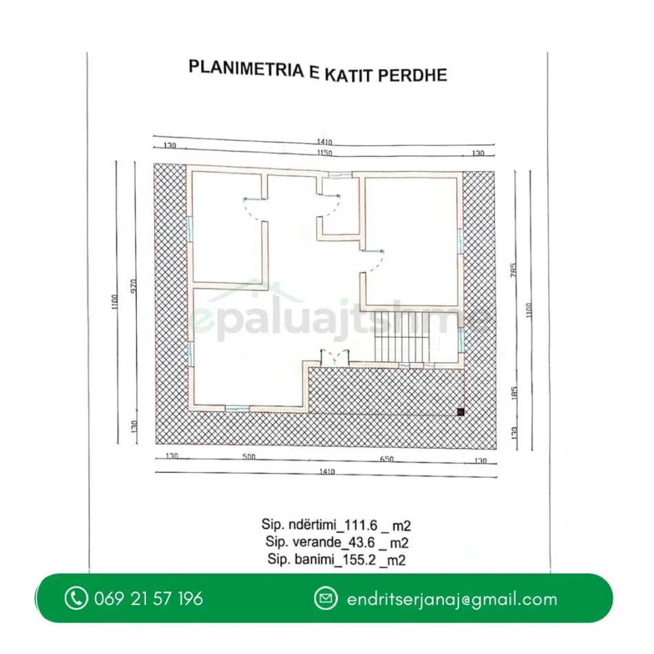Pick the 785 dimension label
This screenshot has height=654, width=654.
click(x=514, y=268)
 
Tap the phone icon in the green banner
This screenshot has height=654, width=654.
click(x=76, y=598)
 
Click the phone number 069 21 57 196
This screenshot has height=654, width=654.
click(x=149, y=598)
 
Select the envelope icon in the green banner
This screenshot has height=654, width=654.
click(x=326, y=598)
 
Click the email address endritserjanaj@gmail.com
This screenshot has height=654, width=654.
click(x=452, y=599)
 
